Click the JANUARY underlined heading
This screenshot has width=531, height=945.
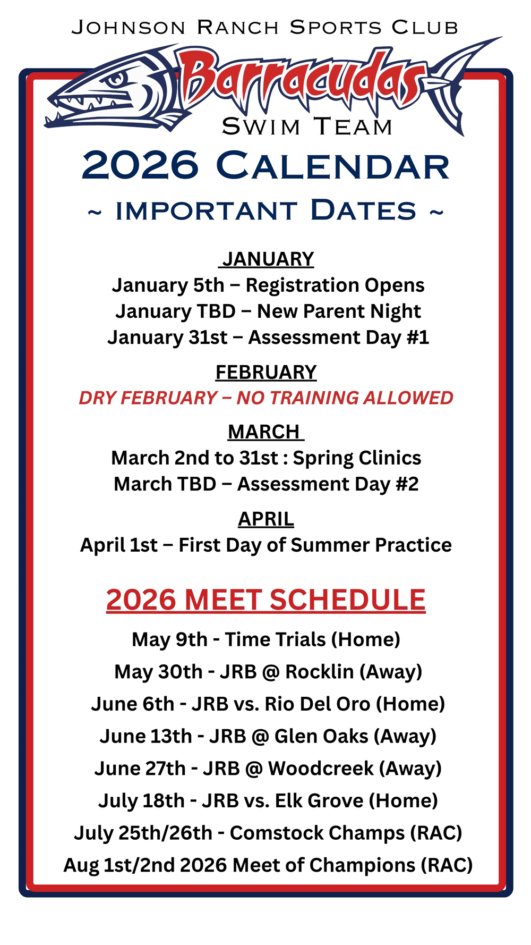268,259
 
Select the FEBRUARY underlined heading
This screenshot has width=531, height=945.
266,372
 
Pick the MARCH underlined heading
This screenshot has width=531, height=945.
265,432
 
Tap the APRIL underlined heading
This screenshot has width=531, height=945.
266,519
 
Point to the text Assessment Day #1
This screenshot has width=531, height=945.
339,338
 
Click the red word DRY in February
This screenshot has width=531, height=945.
97,398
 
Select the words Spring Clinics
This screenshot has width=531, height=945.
357,458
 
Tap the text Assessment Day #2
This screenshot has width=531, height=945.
328,484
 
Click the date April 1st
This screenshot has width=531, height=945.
119,545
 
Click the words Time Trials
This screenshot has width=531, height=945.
275,639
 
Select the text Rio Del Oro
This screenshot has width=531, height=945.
318,704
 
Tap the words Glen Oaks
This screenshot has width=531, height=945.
321,736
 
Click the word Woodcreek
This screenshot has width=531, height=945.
321,769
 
